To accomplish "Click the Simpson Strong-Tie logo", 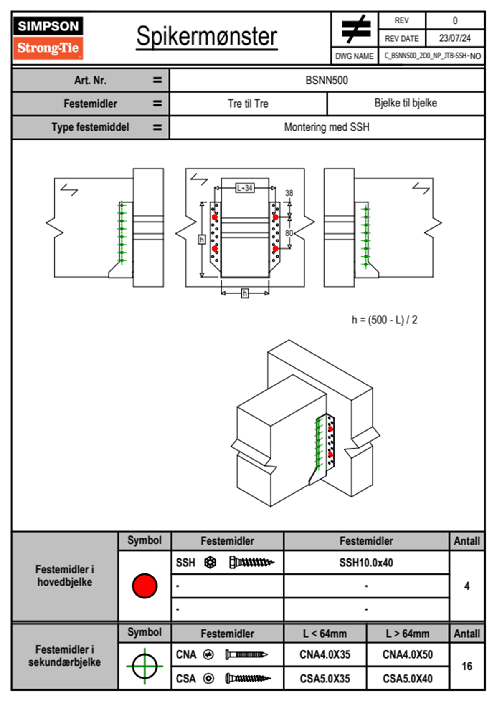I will pos(48,38).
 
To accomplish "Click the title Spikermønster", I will pos(206,36).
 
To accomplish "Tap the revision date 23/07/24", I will pos(454,38).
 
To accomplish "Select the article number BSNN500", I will pos(327,80).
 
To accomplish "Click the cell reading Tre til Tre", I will pos(248,104).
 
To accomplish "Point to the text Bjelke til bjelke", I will pos(406,103).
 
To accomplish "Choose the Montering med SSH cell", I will pos(327,127).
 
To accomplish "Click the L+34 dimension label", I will pos(245,188).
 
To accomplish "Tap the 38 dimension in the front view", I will pos(289,193).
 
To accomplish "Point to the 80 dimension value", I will pos(289,233).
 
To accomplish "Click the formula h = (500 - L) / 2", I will pos(384,320).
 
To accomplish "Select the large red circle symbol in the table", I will pos(145,586).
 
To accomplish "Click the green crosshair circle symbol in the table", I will pos(145,666).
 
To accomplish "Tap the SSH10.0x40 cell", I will pos(366,563).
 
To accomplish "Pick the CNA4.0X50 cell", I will pos(407,654).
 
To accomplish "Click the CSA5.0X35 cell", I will pos(325,679).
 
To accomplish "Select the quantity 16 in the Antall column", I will pos(467,666).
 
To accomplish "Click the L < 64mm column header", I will pos(325,634).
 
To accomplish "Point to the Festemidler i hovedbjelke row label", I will pos(65,576).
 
